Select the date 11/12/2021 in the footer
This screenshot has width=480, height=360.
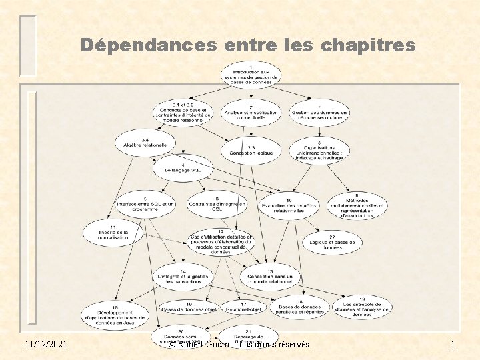click(x=47, y=345)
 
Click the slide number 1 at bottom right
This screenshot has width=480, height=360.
click(x=453, y=345)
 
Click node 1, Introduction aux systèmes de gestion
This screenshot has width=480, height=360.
click(x=251, y=75)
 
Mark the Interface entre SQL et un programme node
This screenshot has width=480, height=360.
click(x=145, y=204)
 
